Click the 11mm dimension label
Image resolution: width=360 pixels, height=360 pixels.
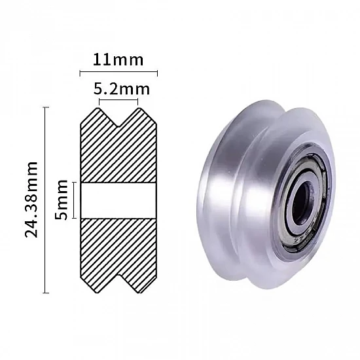click(118, 60)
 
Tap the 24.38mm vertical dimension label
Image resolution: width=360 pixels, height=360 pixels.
click(32, 200)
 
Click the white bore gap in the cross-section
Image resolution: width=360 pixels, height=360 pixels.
click(118, 200)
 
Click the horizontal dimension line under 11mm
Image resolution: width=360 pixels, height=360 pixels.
click(118, 71)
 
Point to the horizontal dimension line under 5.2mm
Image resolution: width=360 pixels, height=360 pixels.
click(118, 100)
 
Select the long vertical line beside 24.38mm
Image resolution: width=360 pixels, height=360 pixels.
click(45, 200)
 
